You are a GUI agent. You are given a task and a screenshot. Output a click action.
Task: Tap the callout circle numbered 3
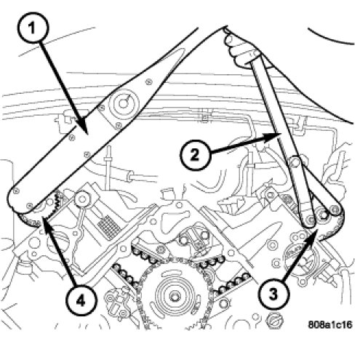[x=273, y=294]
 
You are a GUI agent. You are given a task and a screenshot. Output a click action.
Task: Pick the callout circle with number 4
[x=80, y=300]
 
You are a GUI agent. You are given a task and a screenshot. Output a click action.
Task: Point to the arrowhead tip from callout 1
[x=87, y=133]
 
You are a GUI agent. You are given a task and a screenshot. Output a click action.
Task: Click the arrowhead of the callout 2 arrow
[x=281, y=134]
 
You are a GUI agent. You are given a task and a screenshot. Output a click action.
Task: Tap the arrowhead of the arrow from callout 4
[x=44, y=217]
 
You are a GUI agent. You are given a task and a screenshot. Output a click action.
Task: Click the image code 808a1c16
[x=330, y=324]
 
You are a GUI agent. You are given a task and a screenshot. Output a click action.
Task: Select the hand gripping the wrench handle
[x=239, y=49]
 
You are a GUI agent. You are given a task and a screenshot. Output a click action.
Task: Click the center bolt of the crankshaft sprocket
[x=174, y=296]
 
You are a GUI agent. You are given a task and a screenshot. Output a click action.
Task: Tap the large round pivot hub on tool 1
[x=124, y=103]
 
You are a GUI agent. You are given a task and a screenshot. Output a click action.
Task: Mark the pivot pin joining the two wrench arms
[x=295, y=161]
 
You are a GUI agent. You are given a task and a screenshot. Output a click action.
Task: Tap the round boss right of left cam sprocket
[x=82, y=199]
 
